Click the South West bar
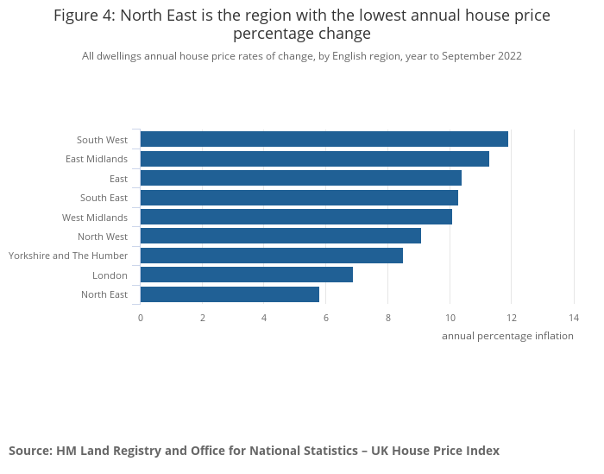[324, 139]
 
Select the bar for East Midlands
[314, 159]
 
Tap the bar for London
[246, 275]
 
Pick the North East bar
[230, 294]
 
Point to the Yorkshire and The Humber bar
[271, 256]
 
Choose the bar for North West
[280, 237]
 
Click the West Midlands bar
[296, 217]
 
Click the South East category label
[104, 198]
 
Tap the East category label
[118, 179]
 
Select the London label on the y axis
[110, 275]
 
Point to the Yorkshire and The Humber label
[68, 256]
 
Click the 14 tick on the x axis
[574, 318]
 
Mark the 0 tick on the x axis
[141, 318]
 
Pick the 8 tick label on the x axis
[388, 318]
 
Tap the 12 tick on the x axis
[512, 318]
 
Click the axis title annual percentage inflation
[507, 336]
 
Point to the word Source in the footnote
[29, 451]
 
